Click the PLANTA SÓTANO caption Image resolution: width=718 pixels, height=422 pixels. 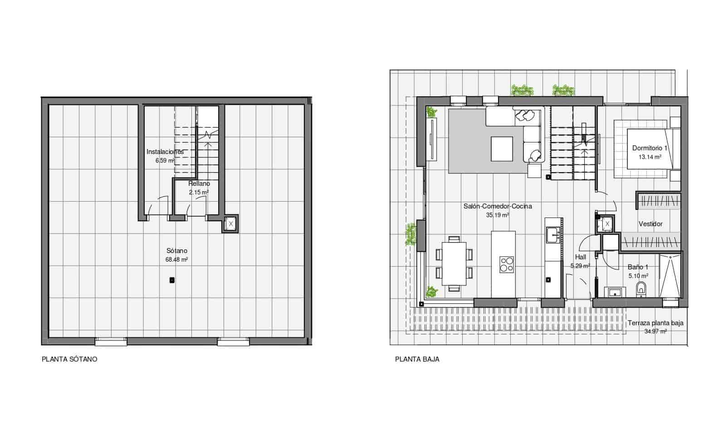tap(69, 359)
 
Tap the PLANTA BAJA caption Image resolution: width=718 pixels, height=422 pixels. tap(417, 359)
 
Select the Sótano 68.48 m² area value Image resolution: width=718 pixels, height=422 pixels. tap(177, 260)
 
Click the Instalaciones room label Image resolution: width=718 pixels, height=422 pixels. tap(165, 152)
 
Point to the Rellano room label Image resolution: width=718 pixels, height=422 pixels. tap(199, 184)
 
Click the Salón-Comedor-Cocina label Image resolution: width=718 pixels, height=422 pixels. tap(498, 206)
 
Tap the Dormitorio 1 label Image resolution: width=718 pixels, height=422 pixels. tap(650, 148)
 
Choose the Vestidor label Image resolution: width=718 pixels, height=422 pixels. tap(650, 224)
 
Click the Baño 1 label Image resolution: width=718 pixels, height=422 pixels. tap(638, 267)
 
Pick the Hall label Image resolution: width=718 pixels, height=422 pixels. tap(581, 257)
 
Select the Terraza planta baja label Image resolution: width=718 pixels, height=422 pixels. tap(655, 323)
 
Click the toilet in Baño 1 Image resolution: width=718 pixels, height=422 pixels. tap(641, 288)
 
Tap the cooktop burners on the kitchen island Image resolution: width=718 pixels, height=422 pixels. tap(507, 264)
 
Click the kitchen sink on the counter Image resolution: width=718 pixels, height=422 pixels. tap(553, 234)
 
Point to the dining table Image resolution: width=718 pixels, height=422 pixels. tap(454, 263)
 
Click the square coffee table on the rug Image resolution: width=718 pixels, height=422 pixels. tap(502, 149)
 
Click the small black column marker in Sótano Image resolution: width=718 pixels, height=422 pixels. tap(172, 280)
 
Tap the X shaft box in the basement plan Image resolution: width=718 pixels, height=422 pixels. tap(230, 224)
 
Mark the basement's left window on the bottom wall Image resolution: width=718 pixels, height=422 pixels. tap(111, 341)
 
